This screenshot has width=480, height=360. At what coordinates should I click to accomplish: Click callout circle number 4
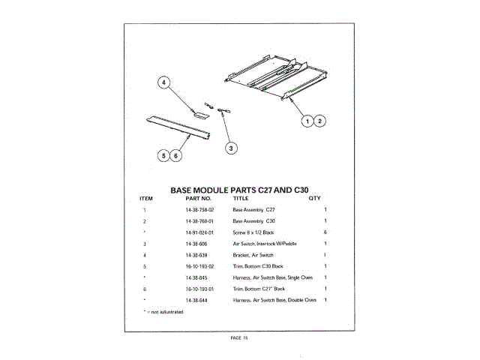163,84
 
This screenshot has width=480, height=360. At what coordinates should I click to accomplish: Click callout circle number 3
231,148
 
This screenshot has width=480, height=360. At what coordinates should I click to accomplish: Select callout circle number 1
307,121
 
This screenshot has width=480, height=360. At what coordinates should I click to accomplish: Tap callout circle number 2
319,121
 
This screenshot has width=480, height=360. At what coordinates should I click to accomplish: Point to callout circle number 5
163,156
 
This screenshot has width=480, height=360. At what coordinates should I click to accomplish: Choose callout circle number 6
175,156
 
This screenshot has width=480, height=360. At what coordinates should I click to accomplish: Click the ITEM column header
146,199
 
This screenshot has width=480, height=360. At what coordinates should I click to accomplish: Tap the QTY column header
314,199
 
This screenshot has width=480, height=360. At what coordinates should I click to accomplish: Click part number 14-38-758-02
199,211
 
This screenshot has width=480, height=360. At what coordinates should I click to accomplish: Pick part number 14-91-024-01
199,233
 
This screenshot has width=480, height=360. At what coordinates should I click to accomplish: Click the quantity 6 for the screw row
325,233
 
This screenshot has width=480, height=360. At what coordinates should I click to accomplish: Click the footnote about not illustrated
163,310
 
